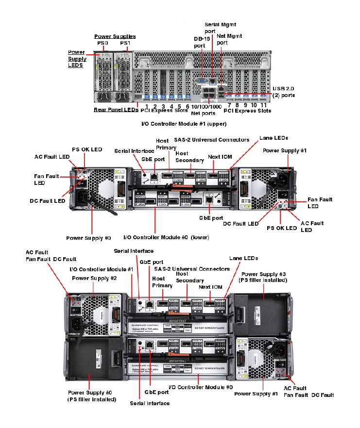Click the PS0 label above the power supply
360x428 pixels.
coord(102,43)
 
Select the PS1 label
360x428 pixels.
coord(125,43)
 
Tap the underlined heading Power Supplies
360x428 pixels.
coord(115,36)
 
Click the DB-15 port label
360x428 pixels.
coord(200,42)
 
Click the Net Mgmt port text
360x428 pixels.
coord(229,39)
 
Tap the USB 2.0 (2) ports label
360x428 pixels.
coord(283,92)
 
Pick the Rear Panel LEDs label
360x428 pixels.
coord(116,110)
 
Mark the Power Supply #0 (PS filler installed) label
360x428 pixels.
coord(91,395)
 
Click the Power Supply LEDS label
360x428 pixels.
coord(76,58)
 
